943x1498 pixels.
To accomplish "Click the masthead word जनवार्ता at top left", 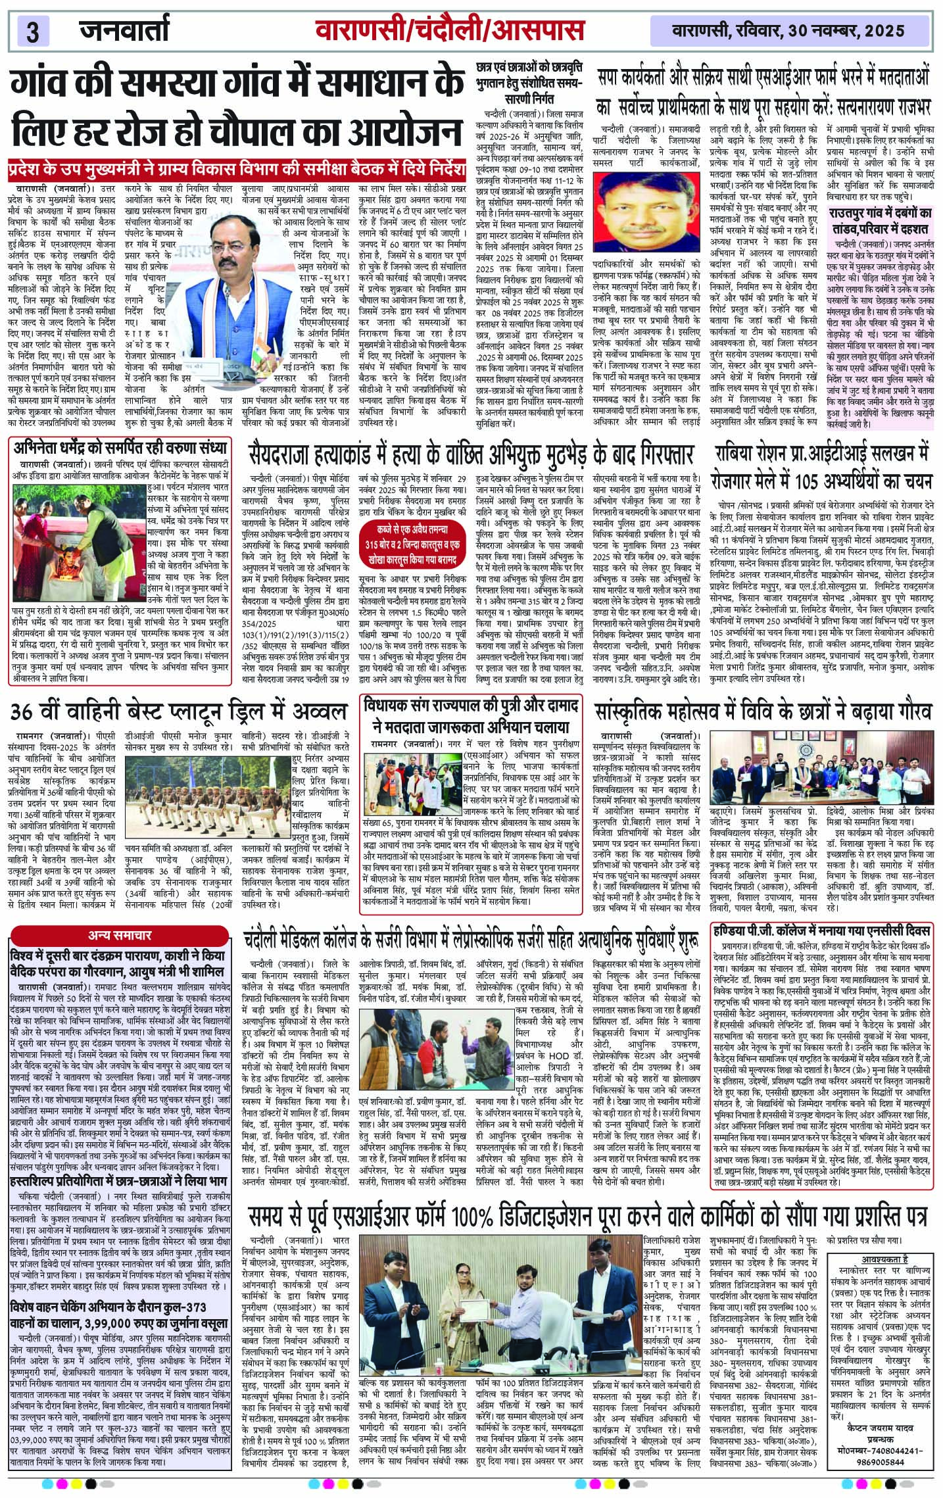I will pyautogui.click(x=125, y=30).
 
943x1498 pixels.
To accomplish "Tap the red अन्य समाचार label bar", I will pyautogui.click(x=120, y=934).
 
